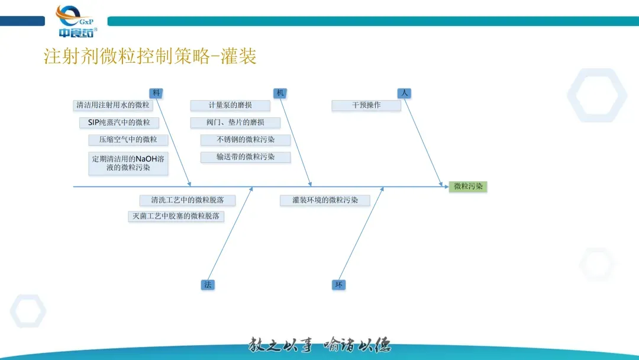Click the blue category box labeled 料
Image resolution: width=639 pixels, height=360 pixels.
[156, 93]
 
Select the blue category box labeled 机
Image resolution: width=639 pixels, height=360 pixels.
[280, 93]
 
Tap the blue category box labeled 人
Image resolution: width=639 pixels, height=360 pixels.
[404, 93]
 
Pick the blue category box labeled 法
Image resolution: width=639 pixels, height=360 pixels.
[208, 285]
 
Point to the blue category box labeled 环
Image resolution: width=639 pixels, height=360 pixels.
[338, 285]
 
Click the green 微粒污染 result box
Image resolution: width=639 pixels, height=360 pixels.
[468, 187]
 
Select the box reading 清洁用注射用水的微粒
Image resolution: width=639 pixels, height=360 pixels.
[113, 105]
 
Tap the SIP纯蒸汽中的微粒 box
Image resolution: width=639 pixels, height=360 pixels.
[120, 123]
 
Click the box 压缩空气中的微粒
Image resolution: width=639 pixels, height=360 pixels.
[128, 140]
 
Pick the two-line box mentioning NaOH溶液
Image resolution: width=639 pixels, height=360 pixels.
[128, 163]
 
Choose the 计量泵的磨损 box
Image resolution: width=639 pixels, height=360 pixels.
[230, 105]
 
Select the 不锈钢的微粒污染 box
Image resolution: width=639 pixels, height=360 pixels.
[246, 140]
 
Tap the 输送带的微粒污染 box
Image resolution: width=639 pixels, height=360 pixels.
[246, 157]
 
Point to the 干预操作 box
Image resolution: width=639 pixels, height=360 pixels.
[366, 105]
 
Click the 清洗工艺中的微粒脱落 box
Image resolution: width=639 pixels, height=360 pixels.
[188, 200]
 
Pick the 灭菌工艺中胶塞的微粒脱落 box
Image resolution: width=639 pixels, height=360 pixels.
[176, 216]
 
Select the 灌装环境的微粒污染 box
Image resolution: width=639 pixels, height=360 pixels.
[325, 200]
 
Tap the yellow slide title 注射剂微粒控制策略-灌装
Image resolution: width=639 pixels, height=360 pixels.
[150, 57]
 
